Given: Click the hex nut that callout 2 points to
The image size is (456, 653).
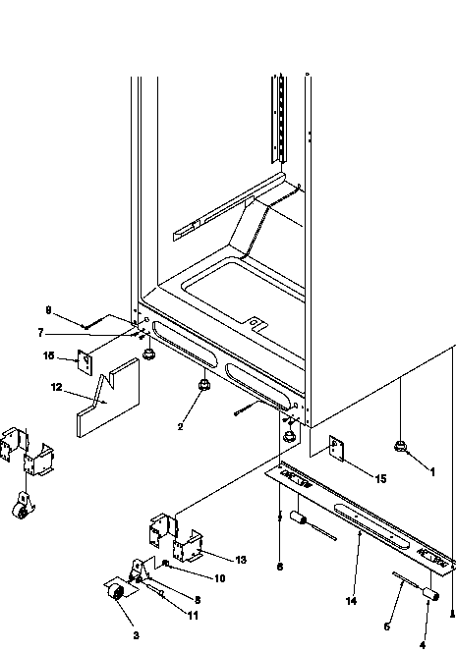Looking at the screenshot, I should pos(203,385).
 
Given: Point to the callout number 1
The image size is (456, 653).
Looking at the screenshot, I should pos(432,470).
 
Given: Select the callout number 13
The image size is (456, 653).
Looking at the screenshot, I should pos(240,559).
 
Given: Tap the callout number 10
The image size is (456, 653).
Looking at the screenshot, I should pos(219,578).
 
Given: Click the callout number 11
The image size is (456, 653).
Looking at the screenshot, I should pos(192,616).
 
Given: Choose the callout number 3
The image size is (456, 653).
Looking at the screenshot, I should pos(136,635).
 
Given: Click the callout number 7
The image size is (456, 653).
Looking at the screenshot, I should pos(68,333).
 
